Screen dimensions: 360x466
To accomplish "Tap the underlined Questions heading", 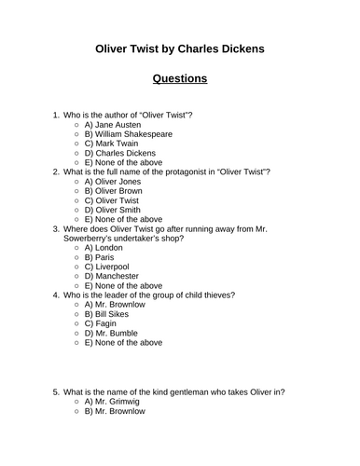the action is coord(180,78).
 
